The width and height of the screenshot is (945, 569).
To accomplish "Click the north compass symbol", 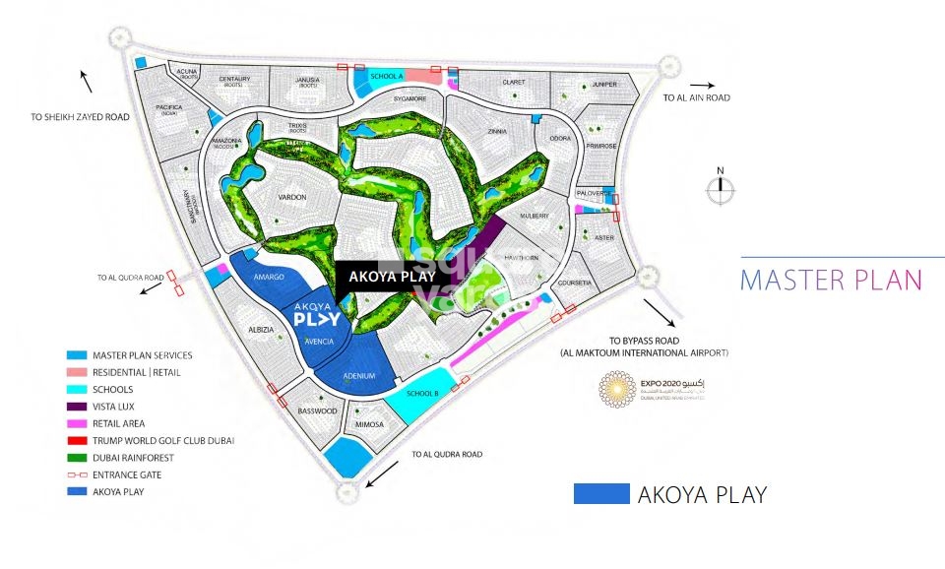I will pos(721,189).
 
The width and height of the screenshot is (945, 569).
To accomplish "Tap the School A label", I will pos(387,76).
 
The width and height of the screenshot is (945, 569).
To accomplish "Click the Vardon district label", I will pos(292,198).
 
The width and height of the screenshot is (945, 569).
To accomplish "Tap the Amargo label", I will pos(268,278).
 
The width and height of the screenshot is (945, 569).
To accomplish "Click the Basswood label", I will pos(317,411).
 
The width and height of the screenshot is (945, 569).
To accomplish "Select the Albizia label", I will pos(260,330).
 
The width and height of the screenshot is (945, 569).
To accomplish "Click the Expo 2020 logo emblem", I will pos(617,390).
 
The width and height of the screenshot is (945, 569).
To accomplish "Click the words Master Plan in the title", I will pos(831,280).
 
